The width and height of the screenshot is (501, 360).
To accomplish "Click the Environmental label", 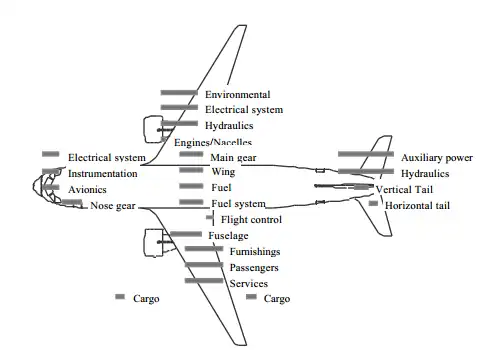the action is pos(238,95).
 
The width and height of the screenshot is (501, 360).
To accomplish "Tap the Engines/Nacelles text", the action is pos(213,142).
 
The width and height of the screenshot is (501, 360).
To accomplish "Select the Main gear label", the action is pos(233,158).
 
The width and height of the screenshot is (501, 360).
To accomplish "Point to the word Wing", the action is pos(223,172).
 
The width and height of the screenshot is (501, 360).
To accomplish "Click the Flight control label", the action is pos(251,220).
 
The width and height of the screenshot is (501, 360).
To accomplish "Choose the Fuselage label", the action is pos(228,236).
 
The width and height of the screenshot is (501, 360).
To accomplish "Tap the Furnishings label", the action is pos(255,252).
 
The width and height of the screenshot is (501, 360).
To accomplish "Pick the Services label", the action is pos(249,284).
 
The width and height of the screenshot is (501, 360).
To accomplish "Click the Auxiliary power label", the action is pos(437,158).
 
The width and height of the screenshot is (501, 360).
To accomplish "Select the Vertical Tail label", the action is pos(404,190).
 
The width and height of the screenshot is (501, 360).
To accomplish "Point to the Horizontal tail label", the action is pos(417,205).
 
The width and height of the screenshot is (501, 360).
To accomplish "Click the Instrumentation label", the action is pos(103,174).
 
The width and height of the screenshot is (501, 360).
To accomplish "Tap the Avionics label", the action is pos(87,190).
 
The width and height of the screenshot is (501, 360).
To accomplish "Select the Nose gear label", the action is pos(113,206).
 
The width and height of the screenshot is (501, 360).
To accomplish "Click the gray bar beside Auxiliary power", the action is pos(366,154).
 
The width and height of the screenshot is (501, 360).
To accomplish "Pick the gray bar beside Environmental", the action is pos(179,93).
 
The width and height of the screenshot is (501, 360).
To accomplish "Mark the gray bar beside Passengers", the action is pos(204,265).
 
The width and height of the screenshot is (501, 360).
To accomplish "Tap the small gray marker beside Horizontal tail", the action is pos(373,203).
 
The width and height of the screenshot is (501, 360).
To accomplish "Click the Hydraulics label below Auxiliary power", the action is pos(425,174).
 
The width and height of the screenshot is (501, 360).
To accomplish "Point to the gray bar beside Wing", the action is pos(191,170).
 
